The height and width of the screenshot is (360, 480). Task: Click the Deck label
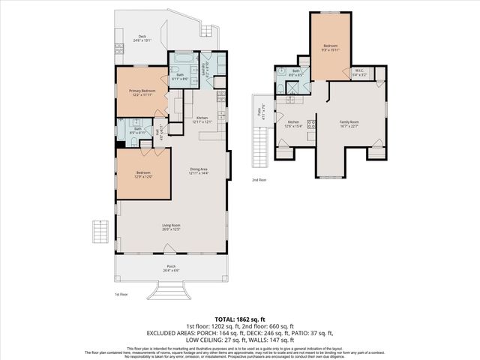(142, 38)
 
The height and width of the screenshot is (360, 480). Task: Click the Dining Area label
(199, 171)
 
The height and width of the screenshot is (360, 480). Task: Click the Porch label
(172, 269)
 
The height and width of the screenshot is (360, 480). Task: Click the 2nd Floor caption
(259, 180)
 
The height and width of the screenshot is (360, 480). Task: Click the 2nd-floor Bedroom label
(331, 48)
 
